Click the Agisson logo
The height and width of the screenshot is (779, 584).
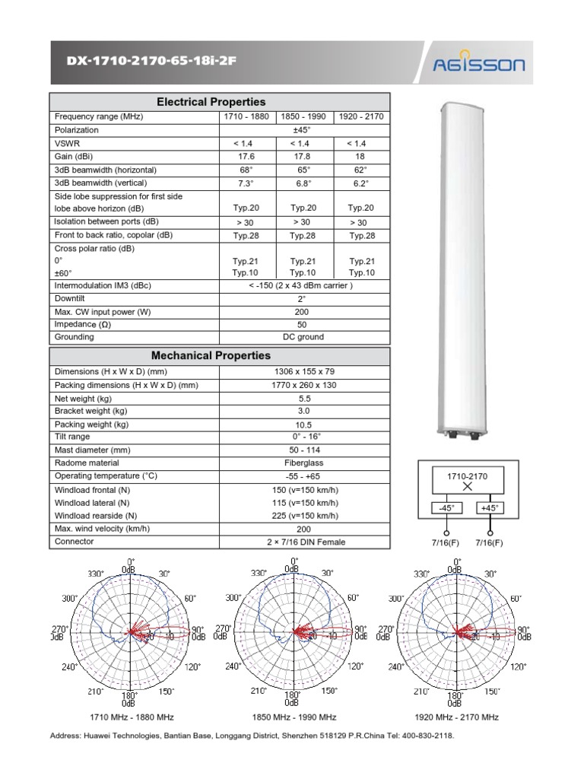pos(478,65)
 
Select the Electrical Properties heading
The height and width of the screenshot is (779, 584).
pos(211,102)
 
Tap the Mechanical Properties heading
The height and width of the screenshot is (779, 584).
pos(211,355)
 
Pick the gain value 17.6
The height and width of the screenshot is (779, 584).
pos(245,157)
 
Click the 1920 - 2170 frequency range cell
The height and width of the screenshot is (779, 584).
pos(362,116)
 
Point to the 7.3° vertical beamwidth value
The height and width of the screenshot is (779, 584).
pos(245,183)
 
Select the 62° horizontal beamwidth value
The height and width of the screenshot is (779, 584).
pos(362,170)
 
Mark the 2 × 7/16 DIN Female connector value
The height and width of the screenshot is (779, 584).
pos(305,542)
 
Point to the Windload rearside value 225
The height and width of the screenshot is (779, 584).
pos(305,516)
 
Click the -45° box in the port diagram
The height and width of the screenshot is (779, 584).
pos(446,508)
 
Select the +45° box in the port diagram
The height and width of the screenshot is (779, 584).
pos(490,508)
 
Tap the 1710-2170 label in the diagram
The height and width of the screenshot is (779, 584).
pos(467,475)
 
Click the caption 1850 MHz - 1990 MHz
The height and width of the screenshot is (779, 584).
pos(294,717)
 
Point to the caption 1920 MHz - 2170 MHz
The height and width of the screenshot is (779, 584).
pos(456,717)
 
